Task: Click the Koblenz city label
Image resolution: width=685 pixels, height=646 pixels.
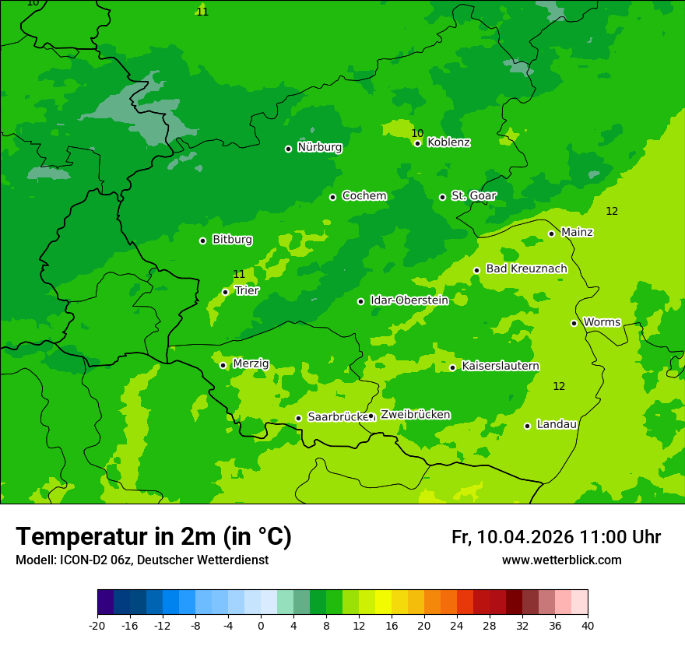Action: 448,142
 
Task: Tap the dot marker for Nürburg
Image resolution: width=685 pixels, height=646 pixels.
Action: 288,149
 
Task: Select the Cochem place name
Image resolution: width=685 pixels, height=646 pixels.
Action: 364,196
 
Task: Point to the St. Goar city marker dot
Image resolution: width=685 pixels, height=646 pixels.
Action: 442,197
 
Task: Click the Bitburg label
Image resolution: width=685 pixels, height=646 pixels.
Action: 232,240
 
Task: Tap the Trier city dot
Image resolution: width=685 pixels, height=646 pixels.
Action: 225,292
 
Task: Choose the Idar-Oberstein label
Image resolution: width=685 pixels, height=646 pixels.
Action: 409,300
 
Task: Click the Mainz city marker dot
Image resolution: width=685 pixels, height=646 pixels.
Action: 551,233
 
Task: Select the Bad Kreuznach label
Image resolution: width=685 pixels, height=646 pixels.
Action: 526,269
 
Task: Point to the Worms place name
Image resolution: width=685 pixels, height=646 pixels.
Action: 602,322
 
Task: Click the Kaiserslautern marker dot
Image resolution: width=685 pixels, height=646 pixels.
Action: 452,367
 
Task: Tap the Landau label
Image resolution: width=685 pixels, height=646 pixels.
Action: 557,425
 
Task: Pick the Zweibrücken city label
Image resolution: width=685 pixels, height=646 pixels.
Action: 415,415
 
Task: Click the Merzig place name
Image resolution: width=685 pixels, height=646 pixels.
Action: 251,364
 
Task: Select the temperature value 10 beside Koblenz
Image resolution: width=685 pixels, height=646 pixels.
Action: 417,133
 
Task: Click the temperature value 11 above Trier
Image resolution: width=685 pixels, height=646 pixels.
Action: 239,274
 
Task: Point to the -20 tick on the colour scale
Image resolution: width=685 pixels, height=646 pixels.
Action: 97,626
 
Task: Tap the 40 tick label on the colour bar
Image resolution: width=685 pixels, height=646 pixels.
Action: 588,626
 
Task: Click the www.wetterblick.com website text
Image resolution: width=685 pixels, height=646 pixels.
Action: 561,560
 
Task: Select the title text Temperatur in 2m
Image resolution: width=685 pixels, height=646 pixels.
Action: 153,537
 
